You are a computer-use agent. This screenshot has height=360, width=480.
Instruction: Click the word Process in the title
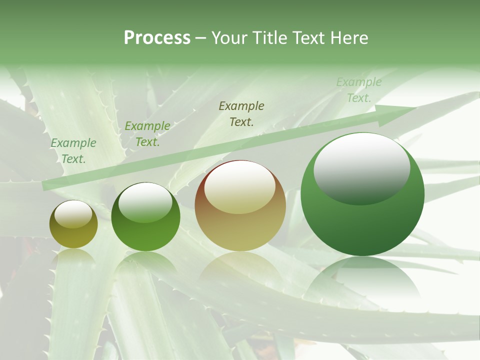click(x=157, y=38)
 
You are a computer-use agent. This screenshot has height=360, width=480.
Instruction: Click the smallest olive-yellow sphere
click(x=73, y=224)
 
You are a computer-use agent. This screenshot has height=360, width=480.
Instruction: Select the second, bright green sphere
click(x=145, y=217)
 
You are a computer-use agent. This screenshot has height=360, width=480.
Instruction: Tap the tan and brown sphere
click(x=240, y=205)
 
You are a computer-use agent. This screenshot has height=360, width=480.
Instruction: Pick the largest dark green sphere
click(x=362, y=194)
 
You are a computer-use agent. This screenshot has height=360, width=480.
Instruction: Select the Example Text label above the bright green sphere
click(x=147, y=134)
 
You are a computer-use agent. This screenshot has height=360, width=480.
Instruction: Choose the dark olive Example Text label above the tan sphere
click(x=241, y=113)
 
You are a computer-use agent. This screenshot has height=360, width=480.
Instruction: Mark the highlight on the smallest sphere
click(x=73, y=213)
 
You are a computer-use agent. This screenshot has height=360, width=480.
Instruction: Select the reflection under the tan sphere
click(x=240, y=267)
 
